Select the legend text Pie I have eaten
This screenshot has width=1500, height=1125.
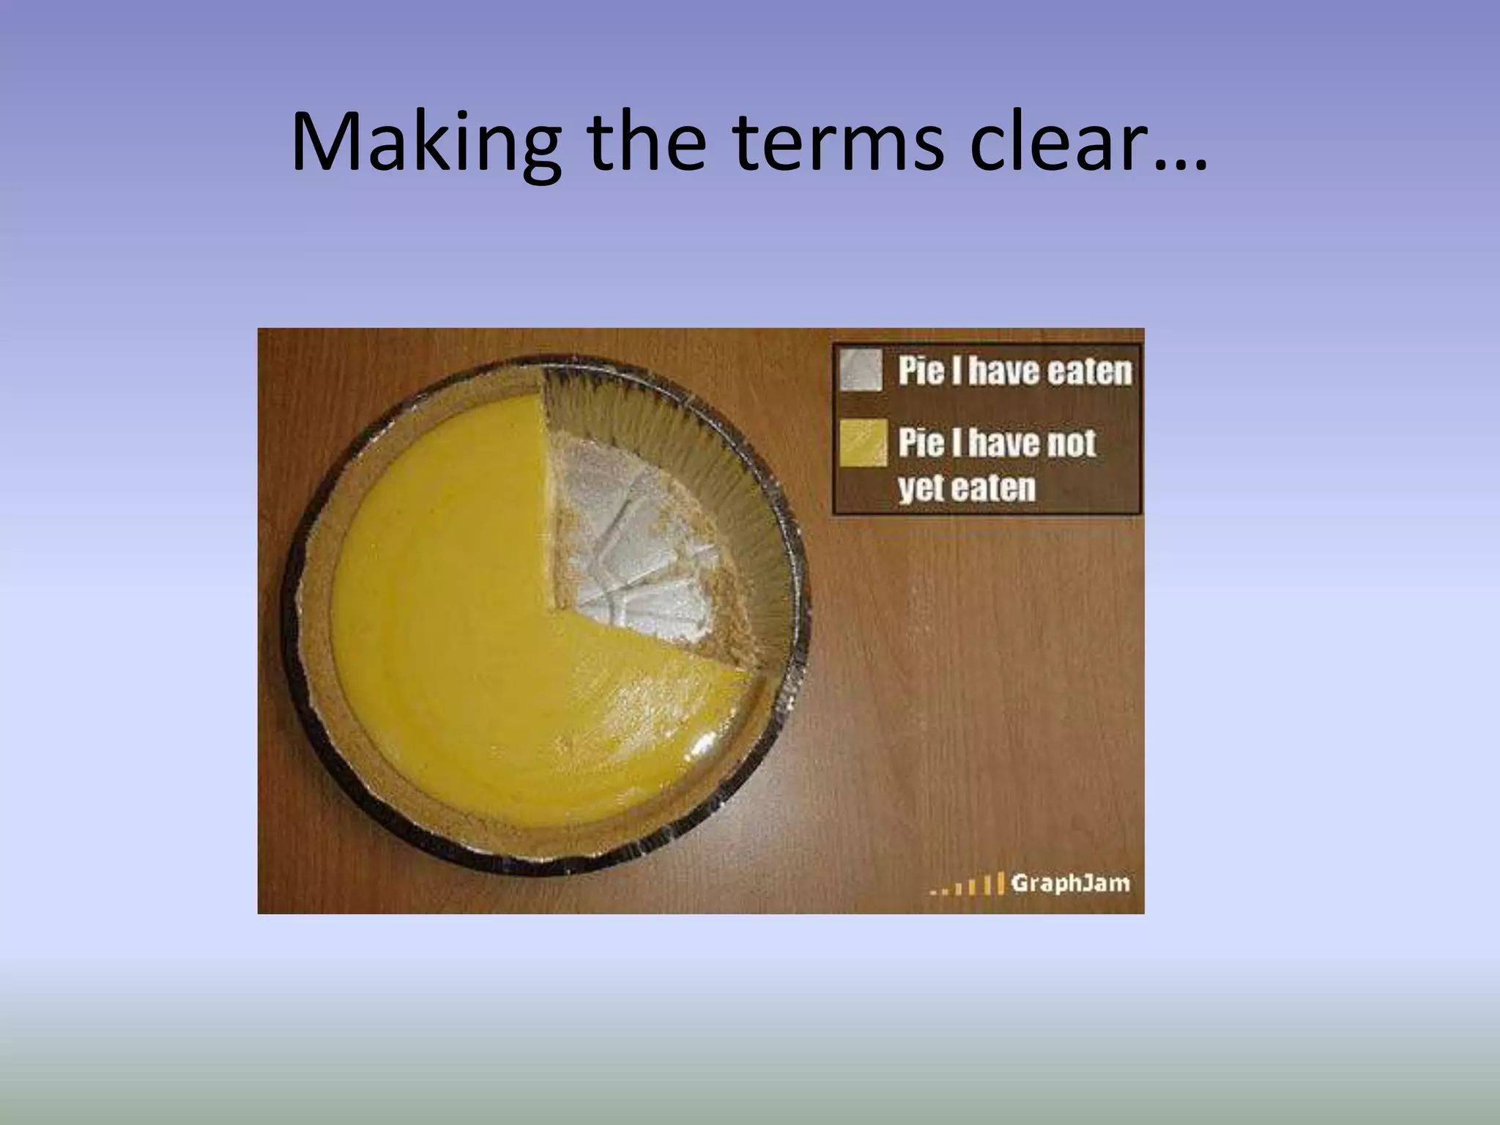pos(1014,371)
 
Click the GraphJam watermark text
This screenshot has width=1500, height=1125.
pos(1070,883)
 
